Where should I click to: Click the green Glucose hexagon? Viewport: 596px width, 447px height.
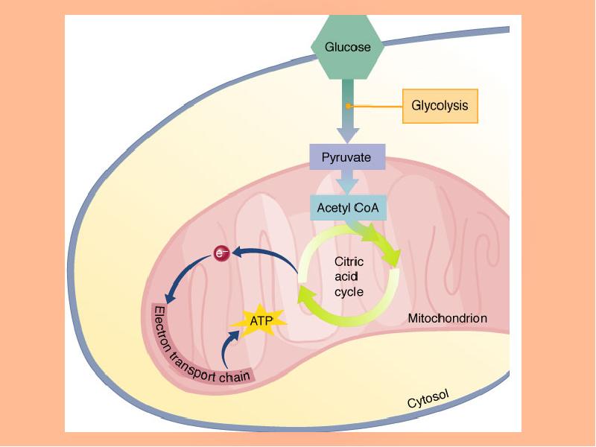pyautogui.click(x=347, y=47)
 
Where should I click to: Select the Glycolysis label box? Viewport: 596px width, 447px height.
pyautogui.click(x=440, y=106)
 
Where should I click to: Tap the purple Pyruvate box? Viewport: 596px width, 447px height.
pyautogui.click(x=346, y=158)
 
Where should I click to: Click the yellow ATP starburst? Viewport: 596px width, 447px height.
pyautogui.click(x=261, y=321)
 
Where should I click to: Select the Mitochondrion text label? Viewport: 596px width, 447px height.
pyautogui.click(x=447, y=318)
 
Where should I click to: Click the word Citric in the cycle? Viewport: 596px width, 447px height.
pyautogui.click(x=349, y=262)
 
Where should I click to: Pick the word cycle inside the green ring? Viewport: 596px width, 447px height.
pyautogui.click(x=349, y=292)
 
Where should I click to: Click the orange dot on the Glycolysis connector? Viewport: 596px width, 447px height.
pyautogui.click(x=349, y=107)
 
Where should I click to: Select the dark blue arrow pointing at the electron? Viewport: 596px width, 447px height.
pyautogui.click(x=264, y=257)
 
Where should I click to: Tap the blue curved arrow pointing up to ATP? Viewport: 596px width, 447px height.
pyautogui.click(x=228, y=347)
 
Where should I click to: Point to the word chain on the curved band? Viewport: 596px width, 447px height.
pyautogui.click(x=234, y=376)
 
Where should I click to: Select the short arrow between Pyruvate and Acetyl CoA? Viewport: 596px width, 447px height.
pyautogui.click(x=347, y=183)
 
